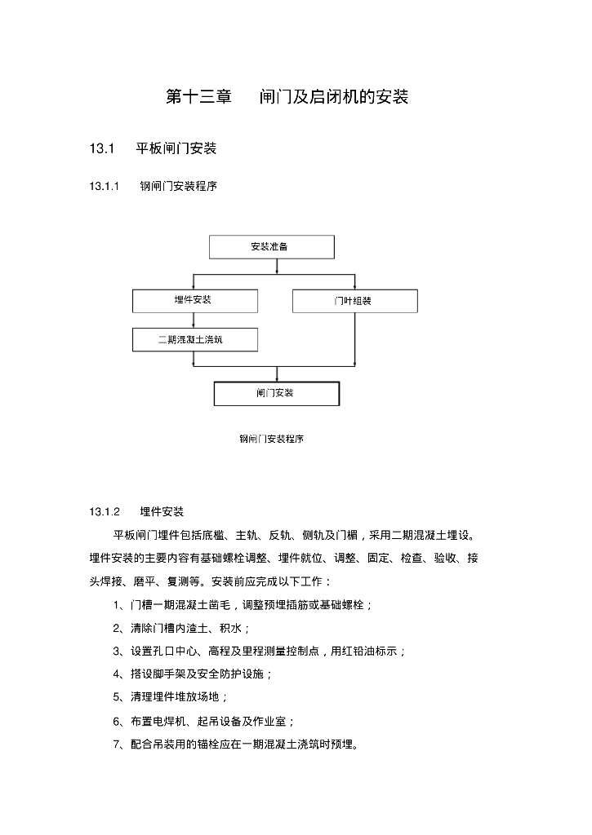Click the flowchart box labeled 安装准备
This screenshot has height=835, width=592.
point(271,246)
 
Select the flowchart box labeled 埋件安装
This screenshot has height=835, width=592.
point(194,300)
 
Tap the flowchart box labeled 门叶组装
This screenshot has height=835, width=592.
point(354,301)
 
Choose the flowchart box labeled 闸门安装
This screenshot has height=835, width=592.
point(276,393)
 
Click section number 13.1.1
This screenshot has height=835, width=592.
point(105,186)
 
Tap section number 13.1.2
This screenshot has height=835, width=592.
point(105,512)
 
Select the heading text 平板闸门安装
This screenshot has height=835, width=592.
point(176,148)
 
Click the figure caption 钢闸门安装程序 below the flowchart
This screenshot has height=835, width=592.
point(271,439)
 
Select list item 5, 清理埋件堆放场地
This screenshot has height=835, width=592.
point(171,697)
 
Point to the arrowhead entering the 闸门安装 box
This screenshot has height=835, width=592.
point(277,378)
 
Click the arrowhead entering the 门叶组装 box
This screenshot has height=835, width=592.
point(354,286)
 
